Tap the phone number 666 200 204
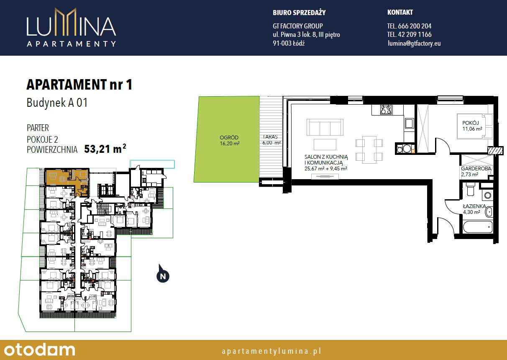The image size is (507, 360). click(409, 26)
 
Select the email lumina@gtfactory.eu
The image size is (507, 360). click(414, 43)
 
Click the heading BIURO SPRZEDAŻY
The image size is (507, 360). click(299, 13)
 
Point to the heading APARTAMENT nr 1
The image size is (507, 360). click(79, 85)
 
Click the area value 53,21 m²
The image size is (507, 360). click(105, 149)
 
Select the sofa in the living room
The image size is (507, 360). click(325, 127)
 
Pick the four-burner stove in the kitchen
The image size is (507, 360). click(386, 110)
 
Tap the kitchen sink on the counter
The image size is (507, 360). click(409, 123)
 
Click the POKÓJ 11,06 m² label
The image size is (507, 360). click(472, 126)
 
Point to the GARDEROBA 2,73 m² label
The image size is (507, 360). click(476, 171)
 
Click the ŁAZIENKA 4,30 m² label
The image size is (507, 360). click(474, 209)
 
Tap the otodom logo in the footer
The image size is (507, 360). click(40, 350)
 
